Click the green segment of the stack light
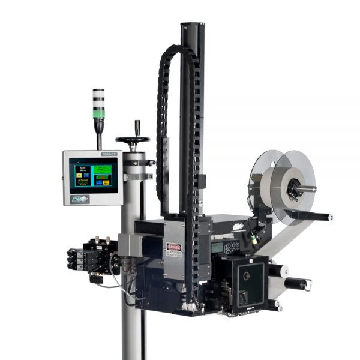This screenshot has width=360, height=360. [x=98, y=112]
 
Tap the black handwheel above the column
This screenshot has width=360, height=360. [x=133, y=141]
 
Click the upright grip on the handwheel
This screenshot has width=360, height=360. [x=137, y=127]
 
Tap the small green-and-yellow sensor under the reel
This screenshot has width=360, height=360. [x=254, y=239]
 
